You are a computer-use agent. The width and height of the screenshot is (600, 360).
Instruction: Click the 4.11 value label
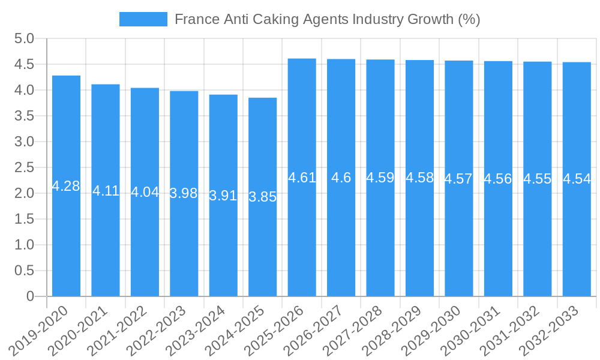[x=106, y=191]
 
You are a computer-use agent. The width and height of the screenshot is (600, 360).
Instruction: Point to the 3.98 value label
[x=184, y=193]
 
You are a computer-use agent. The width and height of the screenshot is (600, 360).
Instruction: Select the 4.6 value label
[x=341, y=178]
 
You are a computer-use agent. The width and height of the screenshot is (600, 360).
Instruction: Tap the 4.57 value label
[x=458, y=179]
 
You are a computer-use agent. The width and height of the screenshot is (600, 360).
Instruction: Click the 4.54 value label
[x=577, y=179]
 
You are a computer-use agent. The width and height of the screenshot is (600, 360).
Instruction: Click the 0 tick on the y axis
[x=31, y=296]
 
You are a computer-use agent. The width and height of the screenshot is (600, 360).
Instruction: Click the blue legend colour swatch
[x=143, y=19]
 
